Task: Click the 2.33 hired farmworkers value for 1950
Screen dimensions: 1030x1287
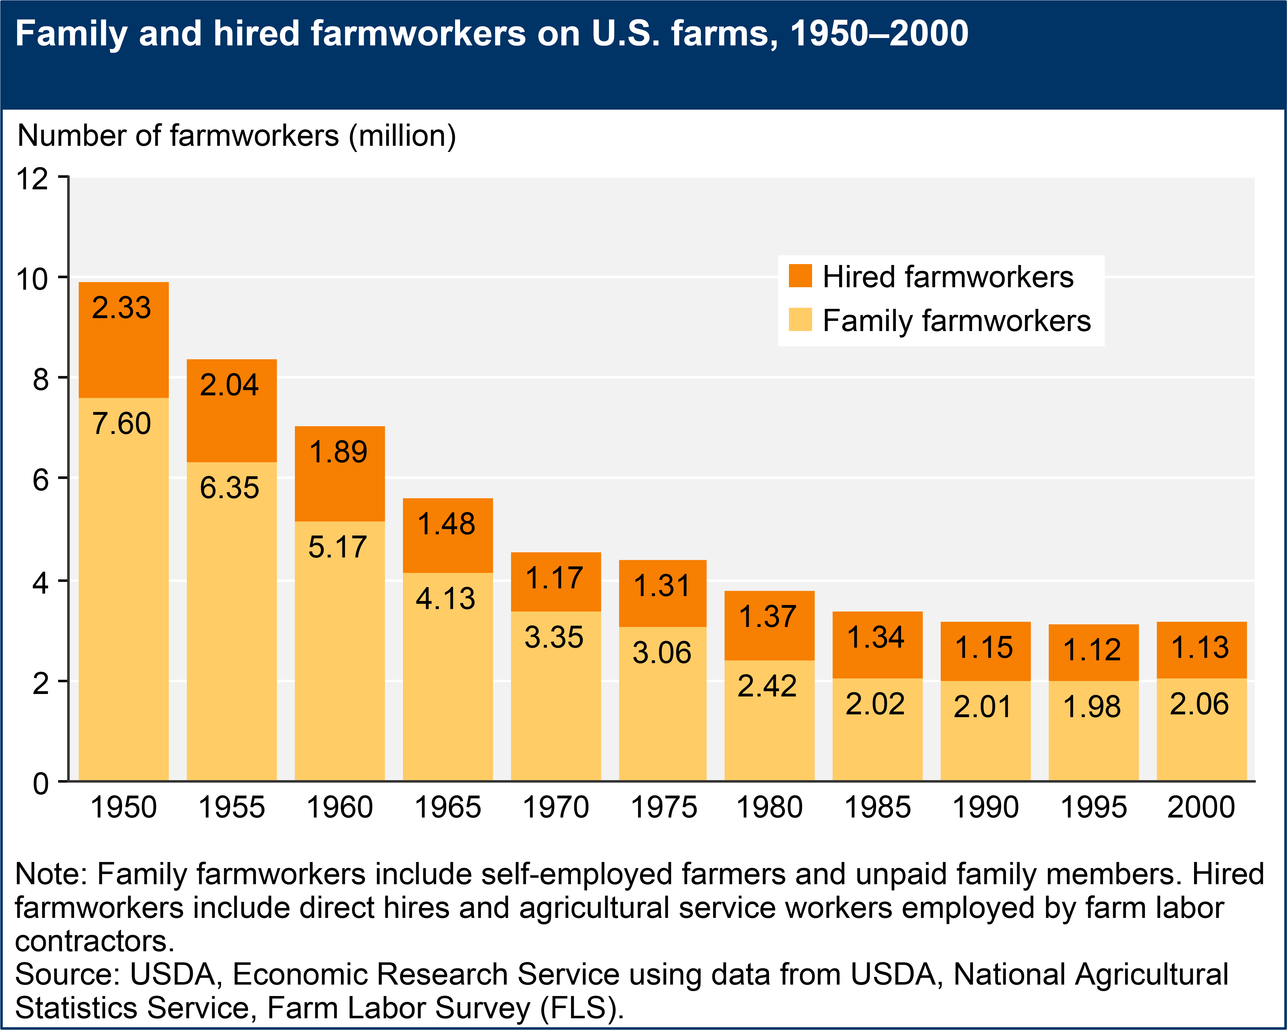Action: point(122,308)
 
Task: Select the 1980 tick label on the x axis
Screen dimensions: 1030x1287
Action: point(769,807)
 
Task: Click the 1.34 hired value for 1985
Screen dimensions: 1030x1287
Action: point(876,637)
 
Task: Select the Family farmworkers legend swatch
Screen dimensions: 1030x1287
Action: point(800,319)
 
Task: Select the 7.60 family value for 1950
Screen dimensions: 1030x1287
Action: point(122,424)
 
